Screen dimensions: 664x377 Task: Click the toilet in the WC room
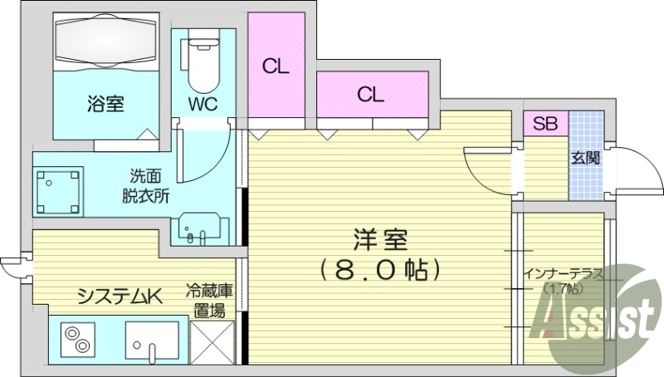pos(202,64)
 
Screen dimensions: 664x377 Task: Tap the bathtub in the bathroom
pos(106,41)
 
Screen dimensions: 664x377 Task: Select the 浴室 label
pos(105,103)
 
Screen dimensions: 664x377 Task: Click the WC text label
pos(203,104)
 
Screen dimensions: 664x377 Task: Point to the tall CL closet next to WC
pos(276,65)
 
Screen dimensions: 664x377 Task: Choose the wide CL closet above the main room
pos(372,94)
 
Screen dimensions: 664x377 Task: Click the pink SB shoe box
pos(545,123)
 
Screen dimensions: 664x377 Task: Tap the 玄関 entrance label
pos(586,158)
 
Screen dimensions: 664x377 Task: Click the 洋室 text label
pos(380,240)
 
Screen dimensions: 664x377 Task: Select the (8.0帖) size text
pos(380,269)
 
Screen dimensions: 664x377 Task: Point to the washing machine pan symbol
pos(58,192)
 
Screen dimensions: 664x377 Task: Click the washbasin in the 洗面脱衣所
pos(199,228)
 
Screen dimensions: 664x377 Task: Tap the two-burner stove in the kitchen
pos(77,340)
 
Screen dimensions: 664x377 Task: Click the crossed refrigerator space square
pos(212,342)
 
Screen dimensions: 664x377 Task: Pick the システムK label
pos(120,297)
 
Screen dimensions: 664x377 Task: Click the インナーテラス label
pos(564,274)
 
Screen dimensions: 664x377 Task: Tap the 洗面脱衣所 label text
pos(146,186)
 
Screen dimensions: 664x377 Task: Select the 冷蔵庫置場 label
pos(209,301)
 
